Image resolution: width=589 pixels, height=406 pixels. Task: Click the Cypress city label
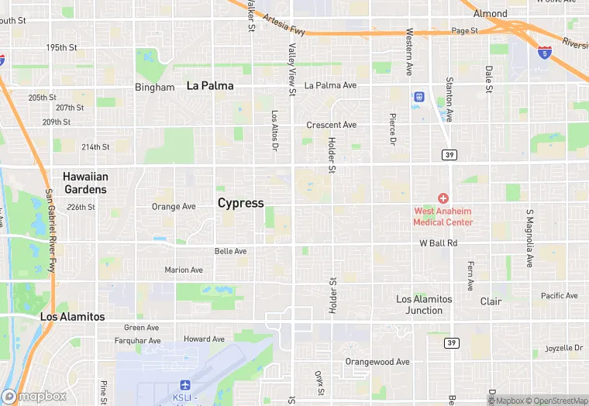[240, 203]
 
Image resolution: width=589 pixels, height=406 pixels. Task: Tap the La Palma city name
[210, 85]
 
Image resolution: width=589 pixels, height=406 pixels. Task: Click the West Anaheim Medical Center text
[443, 216]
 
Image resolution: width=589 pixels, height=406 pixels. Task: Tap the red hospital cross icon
[443, 198]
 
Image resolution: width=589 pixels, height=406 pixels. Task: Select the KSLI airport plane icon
[184, 385]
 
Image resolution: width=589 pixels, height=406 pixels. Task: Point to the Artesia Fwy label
[284, 24]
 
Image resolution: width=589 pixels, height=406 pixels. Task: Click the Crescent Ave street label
[331, 125]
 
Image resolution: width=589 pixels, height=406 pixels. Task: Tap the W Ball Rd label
[439, 243]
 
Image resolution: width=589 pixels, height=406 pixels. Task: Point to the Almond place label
[491, 13]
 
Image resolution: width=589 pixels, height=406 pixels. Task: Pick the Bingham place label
[154, 88]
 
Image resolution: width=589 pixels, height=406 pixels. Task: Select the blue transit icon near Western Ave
[418, 97]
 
